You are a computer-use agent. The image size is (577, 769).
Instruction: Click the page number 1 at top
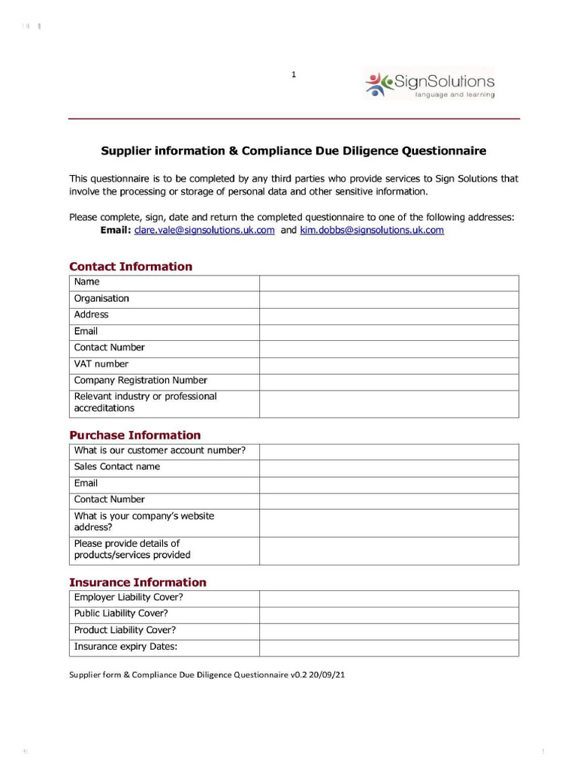[x=294, y=74]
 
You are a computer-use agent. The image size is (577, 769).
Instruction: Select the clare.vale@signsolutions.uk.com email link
[x=204, y=231]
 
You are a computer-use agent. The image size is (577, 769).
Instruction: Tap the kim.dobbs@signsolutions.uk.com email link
[x=372, y=231]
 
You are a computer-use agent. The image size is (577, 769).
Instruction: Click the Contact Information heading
[x=131, y=267]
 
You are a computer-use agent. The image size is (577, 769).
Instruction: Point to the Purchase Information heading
[x=135, y=436]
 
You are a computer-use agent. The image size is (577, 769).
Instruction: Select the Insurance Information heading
[x=137, y=582]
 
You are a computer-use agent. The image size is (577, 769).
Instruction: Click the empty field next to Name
[x=388, y=282]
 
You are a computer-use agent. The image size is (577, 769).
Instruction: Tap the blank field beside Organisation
[x=388, y=299]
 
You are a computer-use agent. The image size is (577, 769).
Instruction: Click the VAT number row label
[x=101, y=364]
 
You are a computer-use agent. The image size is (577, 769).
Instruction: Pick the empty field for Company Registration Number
[x=388, y=381]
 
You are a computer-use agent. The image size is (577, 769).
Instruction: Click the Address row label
[x=91, y=315]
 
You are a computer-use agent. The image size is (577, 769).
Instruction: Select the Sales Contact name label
[x=117, y=467]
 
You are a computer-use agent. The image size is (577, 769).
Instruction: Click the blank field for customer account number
[x=388, y=451]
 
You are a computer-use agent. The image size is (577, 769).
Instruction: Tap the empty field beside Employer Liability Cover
[x=388, y=598]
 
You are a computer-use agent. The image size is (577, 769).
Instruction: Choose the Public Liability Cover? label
[x=121, y=614]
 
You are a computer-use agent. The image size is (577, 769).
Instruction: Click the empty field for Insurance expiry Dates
[x=388, y=647]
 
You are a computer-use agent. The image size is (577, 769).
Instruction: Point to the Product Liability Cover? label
[x=125, y=631]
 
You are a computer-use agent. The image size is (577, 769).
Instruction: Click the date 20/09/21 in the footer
[x=330, y=675]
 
